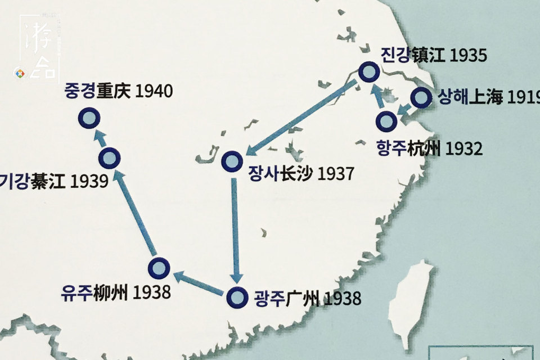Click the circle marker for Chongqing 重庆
89,119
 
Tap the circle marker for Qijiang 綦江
109,158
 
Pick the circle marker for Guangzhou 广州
237,296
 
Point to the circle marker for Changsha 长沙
232,161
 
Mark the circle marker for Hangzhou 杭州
386,120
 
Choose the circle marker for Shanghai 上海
421,98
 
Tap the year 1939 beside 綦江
89,181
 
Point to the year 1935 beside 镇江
469,55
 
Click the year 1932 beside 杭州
464,149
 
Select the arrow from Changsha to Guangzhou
235,231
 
